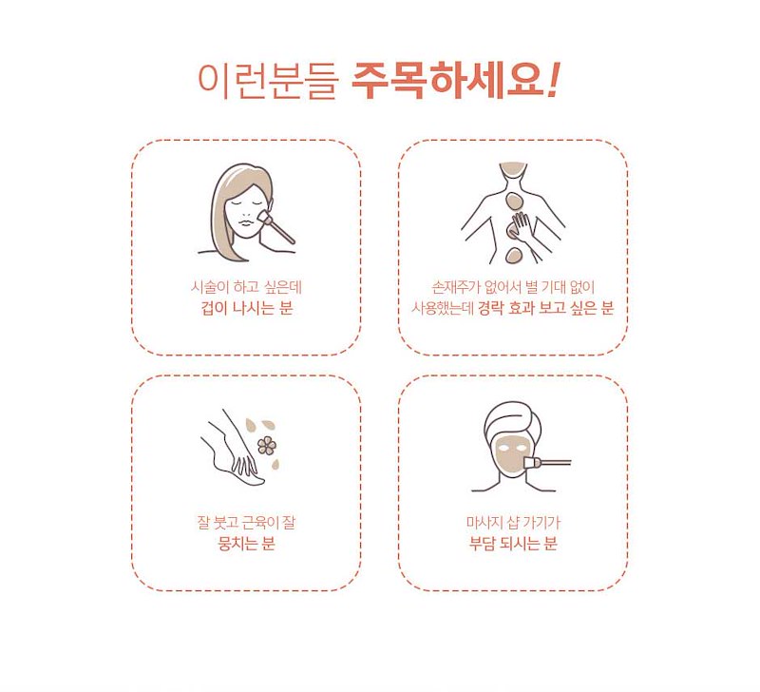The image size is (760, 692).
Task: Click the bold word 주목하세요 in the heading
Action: pos(447,81)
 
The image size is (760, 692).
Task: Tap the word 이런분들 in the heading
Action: pos(268,82)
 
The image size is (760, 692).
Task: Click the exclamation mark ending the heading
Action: pos(554,80)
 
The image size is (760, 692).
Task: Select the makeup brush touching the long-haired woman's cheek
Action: pos(276,226)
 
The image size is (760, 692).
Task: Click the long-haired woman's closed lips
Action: pos(246,222)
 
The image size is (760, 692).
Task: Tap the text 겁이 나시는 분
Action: pos(247,308)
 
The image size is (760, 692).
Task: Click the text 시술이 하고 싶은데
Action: pos(246,287)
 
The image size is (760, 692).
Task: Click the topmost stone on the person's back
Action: pos(513,201)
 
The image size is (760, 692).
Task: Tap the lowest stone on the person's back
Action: pos(512,255)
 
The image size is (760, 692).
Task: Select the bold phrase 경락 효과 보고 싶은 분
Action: pos(545,308)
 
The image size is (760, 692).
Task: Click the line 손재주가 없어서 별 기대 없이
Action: pos(513,287)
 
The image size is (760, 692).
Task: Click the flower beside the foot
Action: pos(267,446)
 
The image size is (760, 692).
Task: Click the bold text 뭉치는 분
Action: pos(247,544)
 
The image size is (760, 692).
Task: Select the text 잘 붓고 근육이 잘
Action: pos(246,523)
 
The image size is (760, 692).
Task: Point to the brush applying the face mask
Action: pos(547,463)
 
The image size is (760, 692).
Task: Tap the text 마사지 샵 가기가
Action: pos(513,523)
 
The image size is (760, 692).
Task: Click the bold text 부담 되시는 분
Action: pos(513,544)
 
